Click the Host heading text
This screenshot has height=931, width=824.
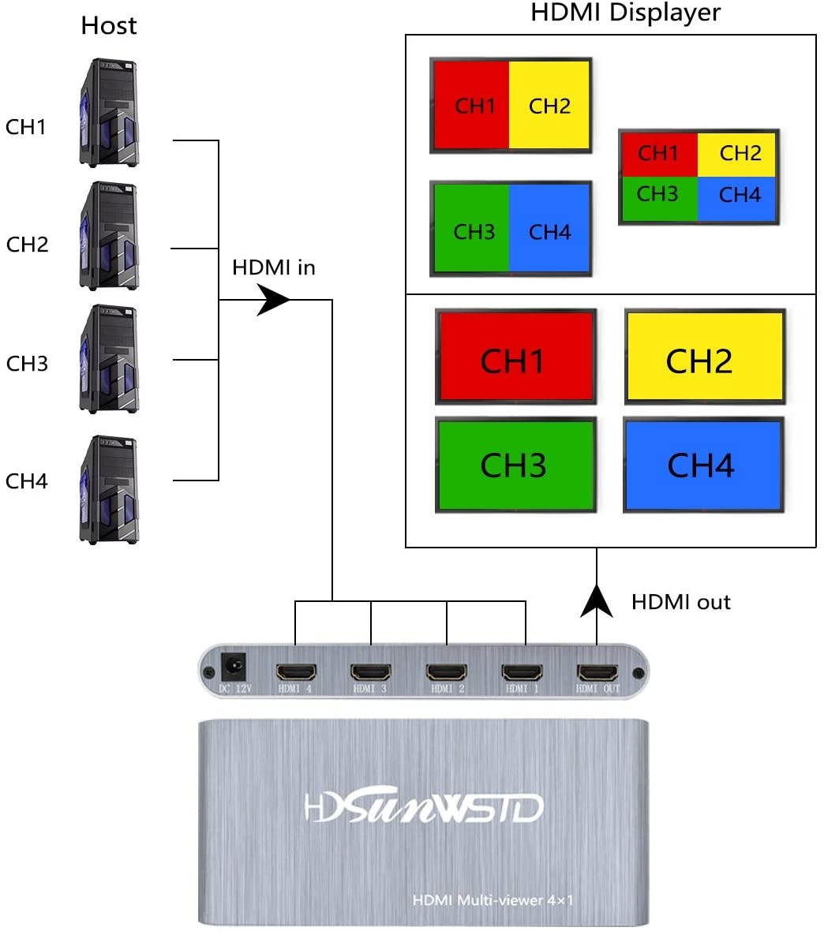109,26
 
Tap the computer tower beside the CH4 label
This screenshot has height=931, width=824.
109,489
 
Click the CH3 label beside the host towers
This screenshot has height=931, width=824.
27,364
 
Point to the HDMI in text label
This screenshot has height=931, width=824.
274,268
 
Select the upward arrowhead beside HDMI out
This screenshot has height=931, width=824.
597,600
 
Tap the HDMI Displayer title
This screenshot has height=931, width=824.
625,13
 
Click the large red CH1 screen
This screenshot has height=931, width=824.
515,357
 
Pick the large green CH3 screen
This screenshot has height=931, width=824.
515,465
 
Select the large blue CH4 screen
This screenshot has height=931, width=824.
703,465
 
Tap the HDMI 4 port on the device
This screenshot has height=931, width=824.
296,673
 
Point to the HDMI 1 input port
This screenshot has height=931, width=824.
522,673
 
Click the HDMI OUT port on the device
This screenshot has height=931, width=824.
597,673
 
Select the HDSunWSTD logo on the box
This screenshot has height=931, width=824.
424,806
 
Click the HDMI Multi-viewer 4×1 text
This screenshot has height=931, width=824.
493,899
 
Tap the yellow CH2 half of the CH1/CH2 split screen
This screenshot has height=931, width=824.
550,106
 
